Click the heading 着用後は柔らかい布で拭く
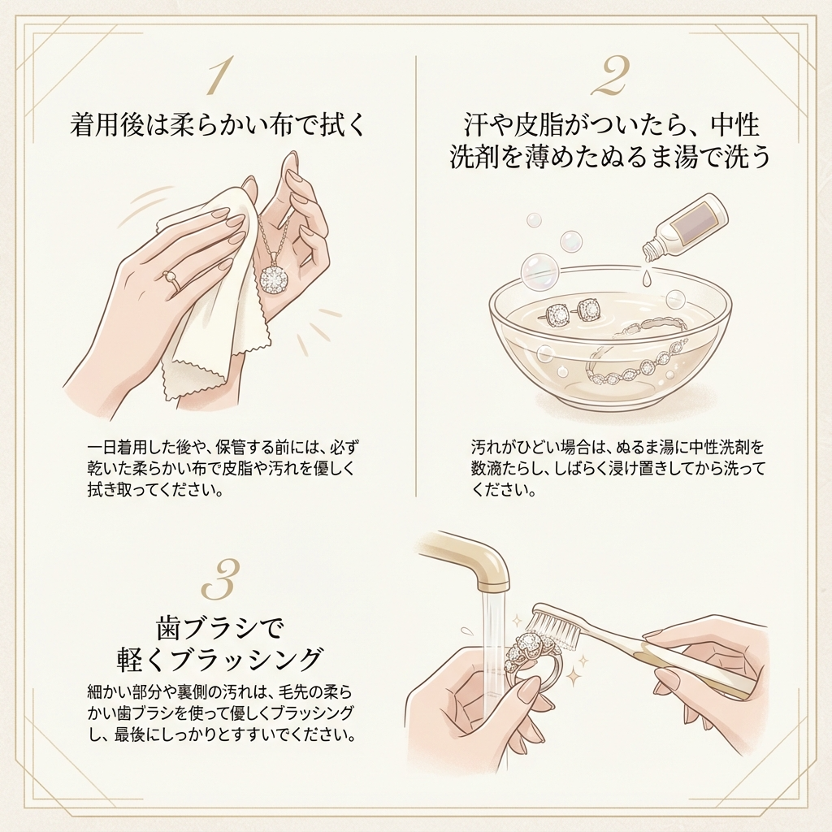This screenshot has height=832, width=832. click(x=218, y=125)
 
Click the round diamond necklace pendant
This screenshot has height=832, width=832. click(x=274, y=278)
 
